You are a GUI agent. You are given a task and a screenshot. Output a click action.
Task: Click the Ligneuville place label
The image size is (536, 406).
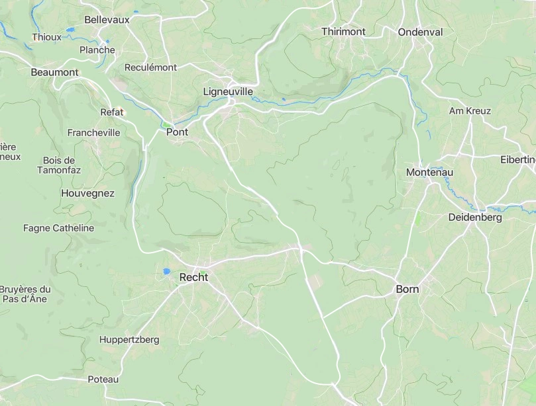(x=228, y=91)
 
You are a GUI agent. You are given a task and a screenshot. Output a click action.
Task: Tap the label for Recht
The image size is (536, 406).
(x=193, y=278)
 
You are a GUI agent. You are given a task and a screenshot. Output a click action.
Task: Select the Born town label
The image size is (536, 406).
(x=407, y=289)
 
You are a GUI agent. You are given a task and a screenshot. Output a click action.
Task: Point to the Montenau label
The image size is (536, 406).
(x=429, y=173)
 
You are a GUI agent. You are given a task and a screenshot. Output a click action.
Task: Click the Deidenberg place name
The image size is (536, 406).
(x=475, y=217)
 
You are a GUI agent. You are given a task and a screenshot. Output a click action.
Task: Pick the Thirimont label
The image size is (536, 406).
(x=343, y=32)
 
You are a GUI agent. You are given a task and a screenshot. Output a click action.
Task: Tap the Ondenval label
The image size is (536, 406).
(x=420, y=32)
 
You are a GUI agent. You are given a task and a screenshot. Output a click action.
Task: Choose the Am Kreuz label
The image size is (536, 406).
(x=470, y=111)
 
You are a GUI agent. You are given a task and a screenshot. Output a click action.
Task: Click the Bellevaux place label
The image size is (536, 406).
(x=107, y=20)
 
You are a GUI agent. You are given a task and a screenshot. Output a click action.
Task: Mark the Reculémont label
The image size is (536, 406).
(x=151, y=67)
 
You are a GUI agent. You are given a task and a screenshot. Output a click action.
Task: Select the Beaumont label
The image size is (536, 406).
(x=54, y=72)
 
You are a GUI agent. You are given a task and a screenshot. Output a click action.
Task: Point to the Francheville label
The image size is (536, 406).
(x=94, y=132)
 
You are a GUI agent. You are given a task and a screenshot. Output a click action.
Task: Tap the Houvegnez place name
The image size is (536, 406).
(x=87, y=194)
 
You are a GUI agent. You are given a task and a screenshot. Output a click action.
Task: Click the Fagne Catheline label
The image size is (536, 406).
(x=58, y=228)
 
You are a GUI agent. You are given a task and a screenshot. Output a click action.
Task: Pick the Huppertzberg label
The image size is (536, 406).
(x=129, y=340)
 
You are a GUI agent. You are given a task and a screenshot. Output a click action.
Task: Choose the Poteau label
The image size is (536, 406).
(x=103, y=380)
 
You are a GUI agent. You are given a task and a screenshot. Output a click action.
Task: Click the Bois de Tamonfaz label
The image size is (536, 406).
(x=59, y=165)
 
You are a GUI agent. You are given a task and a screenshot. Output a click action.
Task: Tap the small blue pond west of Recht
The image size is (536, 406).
(x=166, y=272)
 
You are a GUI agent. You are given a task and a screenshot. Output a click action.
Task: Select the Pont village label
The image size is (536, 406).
(x=177, y=132)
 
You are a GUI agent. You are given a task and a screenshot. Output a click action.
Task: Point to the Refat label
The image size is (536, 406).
(x=112, y=112)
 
